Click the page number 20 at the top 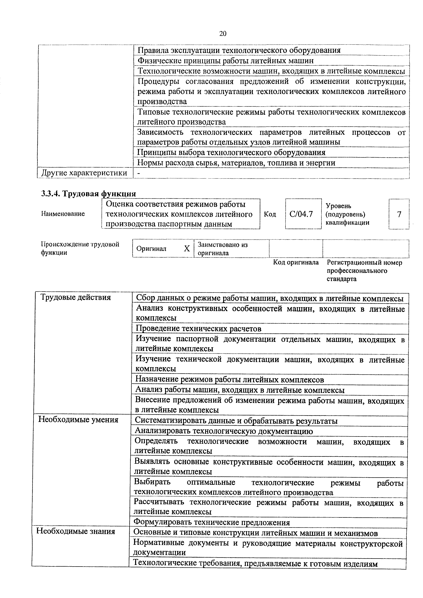click(223, 34)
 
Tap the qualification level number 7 click(399, 214)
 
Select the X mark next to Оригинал click(187, 249)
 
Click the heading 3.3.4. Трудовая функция click(89, 194)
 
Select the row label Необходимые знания click(76, 531)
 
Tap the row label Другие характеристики click(84, 173)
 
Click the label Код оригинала click(296, 262)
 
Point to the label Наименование click(63, 214)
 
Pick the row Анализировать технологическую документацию click(224, 431)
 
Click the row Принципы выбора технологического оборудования click(231, 152)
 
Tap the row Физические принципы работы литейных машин click(225, 61)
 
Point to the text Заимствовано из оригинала click(223, 249)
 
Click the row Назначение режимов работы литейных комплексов click(230, 380)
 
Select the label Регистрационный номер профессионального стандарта click(364, 271)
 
